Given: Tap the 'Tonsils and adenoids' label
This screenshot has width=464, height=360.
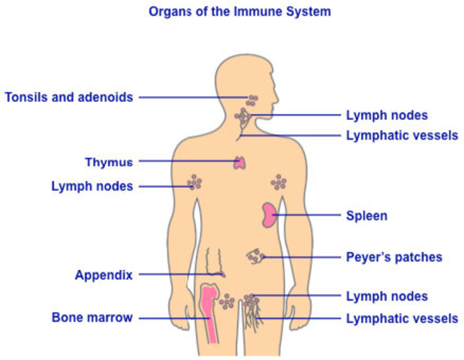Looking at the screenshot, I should click(68, 97).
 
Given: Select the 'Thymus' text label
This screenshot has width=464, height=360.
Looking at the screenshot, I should click(108, 162).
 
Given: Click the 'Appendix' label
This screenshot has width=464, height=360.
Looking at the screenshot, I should click(104, 275).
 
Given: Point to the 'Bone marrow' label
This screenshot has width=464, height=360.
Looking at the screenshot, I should click(92, 318).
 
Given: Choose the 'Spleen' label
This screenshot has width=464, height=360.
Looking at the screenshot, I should click(366, 216).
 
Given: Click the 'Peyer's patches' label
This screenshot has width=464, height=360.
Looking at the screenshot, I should click(393, 257).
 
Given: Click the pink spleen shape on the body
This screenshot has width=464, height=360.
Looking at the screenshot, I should click(268, 214).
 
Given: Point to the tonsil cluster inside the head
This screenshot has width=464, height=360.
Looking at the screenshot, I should click(253, 98).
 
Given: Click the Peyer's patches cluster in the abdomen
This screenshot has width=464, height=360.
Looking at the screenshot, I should click(255, 257).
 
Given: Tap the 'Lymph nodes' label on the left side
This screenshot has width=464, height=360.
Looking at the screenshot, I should click(92, 186).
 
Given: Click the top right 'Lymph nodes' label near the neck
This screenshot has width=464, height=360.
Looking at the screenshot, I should click(387, 115).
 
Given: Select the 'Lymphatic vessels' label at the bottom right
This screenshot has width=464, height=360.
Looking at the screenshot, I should click(402, 319).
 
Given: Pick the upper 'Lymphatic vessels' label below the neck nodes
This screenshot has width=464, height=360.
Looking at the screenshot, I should click(402, 136).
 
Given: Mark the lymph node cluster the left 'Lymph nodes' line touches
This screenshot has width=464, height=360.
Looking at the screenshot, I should click(195, 182).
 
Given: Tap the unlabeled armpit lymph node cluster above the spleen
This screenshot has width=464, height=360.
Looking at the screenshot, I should click(279, 181).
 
